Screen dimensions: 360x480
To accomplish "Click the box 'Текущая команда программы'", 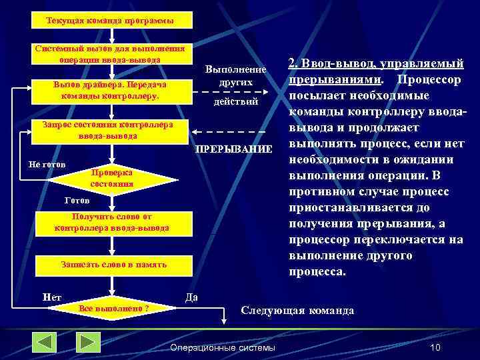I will click(x=111, y=21).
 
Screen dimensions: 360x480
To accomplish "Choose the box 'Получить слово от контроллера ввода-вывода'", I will click(x=111, y=223).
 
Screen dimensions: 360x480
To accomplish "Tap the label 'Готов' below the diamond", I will click(x=77, y=200).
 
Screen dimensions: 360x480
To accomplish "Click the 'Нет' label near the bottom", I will click(x=51, y=297).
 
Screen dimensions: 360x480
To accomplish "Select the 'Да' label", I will click(x=191, y=297).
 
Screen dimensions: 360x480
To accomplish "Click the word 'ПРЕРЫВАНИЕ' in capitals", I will click(x=233, y=148).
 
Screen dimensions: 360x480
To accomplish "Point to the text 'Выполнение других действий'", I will click(x=235, y=86).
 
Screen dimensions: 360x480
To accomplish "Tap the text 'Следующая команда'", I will click(x=297, y=311).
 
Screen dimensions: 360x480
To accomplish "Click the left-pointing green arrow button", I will click(x=45, y=342).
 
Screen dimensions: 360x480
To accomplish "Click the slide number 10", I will click(x=436, y=347).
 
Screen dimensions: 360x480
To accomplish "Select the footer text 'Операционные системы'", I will click(x=223, y=347).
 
